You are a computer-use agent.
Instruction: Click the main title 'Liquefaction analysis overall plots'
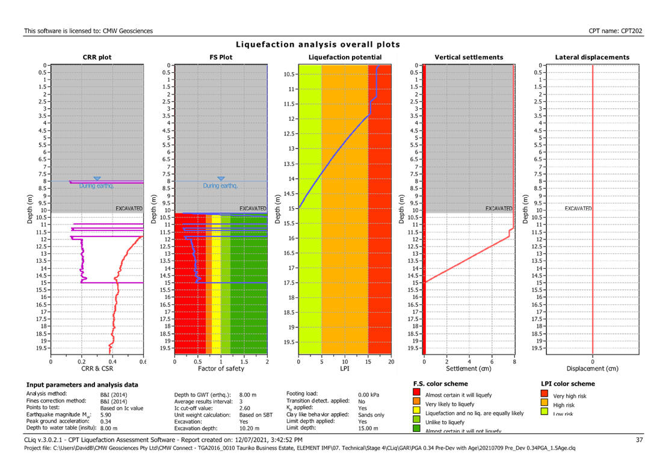click(x=318, y=45)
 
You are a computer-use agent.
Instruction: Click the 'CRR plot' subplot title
click(x=97, y=58)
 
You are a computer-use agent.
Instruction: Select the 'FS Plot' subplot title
click(x=221, y=58)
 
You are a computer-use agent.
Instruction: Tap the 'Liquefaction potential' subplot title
click(x=345, y=57)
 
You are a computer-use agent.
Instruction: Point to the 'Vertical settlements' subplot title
click(x=469, y=58)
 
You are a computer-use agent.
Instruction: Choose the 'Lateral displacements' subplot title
click(x=592, y=58)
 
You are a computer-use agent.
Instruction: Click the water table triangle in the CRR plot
click(x=97, y=178)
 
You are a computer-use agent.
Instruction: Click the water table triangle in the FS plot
click(x=221, y=179)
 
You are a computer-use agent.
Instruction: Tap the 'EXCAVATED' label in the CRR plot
click(x=129, y=209)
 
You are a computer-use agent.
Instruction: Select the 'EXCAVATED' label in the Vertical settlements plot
click(x=499, y=209)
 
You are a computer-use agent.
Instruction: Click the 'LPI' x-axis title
click(x=345, y=368)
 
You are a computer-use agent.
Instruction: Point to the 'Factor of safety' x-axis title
click(x=221, y=368)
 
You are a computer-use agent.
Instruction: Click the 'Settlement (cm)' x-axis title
click(x=469, y=368)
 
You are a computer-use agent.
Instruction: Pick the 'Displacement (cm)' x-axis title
click(x=592, y=368)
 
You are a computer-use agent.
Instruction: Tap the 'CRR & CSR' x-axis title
click(x=97, y=368)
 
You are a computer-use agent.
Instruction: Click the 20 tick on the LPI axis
click(x=391, y=362)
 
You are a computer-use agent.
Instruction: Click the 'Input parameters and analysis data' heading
click(x=82, y=384)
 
